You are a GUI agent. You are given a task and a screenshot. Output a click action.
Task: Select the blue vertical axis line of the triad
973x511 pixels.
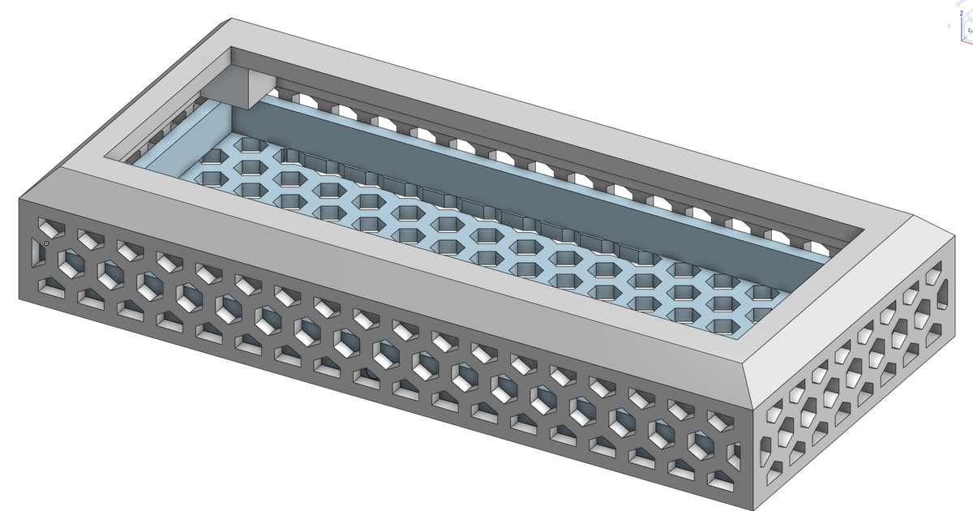pos(962,32)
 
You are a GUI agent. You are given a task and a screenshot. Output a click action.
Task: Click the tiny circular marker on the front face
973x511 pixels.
pos(46,243)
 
